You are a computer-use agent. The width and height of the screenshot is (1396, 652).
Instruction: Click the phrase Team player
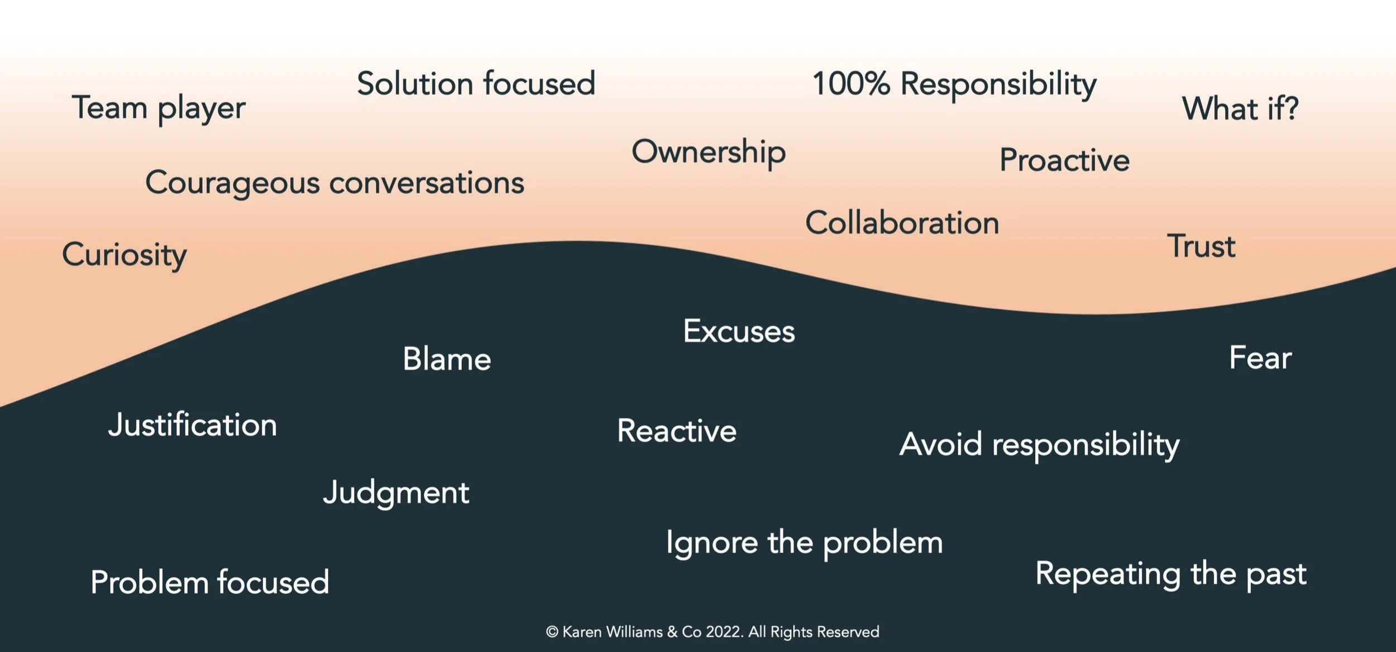pyautogui.click(x=159, y=108)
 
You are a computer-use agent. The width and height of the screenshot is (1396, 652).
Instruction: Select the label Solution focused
pyautogui.click(x=476, y=84)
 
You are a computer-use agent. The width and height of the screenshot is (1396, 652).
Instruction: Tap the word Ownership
pyautogui.click(x=709, y=152)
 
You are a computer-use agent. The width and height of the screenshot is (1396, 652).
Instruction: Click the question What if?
pyautogui.click(x=1240, y=108)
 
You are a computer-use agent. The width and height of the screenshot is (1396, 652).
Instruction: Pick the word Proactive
pyautogui.click(x=1064, y=160)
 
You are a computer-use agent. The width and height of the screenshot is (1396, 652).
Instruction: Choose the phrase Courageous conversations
pyautogui.click(x=334, y=183)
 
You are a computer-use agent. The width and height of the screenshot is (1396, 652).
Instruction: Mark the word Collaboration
pyautogui.click(x=902, y=223)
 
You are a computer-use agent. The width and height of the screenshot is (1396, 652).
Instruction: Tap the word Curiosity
pyautogui.click(x=125, y=255)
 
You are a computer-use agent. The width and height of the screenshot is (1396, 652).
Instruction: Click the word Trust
pyautogui.click(x=1201, y=246)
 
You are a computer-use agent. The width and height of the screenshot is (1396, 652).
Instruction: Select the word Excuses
pyautogui.click(x=739, y=331)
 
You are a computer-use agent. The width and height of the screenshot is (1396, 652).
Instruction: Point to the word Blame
pyautogui.click(x=447, y=359)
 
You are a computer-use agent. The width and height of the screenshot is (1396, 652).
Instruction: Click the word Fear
pyautogui.click(x=1260, y=358)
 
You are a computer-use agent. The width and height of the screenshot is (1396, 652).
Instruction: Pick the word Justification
pyautogui.click(x=193, y=425)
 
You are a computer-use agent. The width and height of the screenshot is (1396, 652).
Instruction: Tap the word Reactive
pyautogui.click(x=677, y=431)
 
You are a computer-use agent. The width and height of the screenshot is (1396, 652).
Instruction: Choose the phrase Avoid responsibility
pyautogui.click(x=1039, y=445)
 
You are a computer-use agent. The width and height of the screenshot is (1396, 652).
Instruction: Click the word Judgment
pyautogui.click(x=396, y=493)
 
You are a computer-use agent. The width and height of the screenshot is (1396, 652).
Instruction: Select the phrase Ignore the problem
pyautogui.click(x=804, y=543)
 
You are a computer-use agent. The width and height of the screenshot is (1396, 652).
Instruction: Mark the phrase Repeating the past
pyautogui.click(x=1171, y=574)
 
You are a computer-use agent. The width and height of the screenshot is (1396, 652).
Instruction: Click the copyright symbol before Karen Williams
pyautogui.click(x=552, y=632)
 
